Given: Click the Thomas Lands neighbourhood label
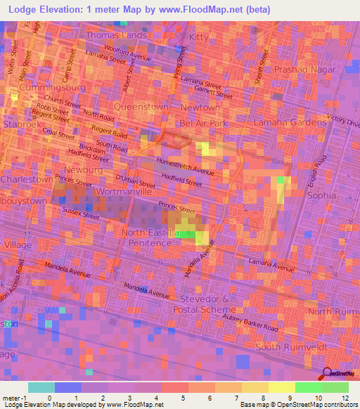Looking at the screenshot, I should coord(116,34).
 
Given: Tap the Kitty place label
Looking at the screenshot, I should coord(199,37).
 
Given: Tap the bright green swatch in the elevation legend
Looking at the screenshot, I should coord(308,387).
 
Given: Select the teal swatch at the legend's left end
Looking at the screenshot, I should coord(41,387).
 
